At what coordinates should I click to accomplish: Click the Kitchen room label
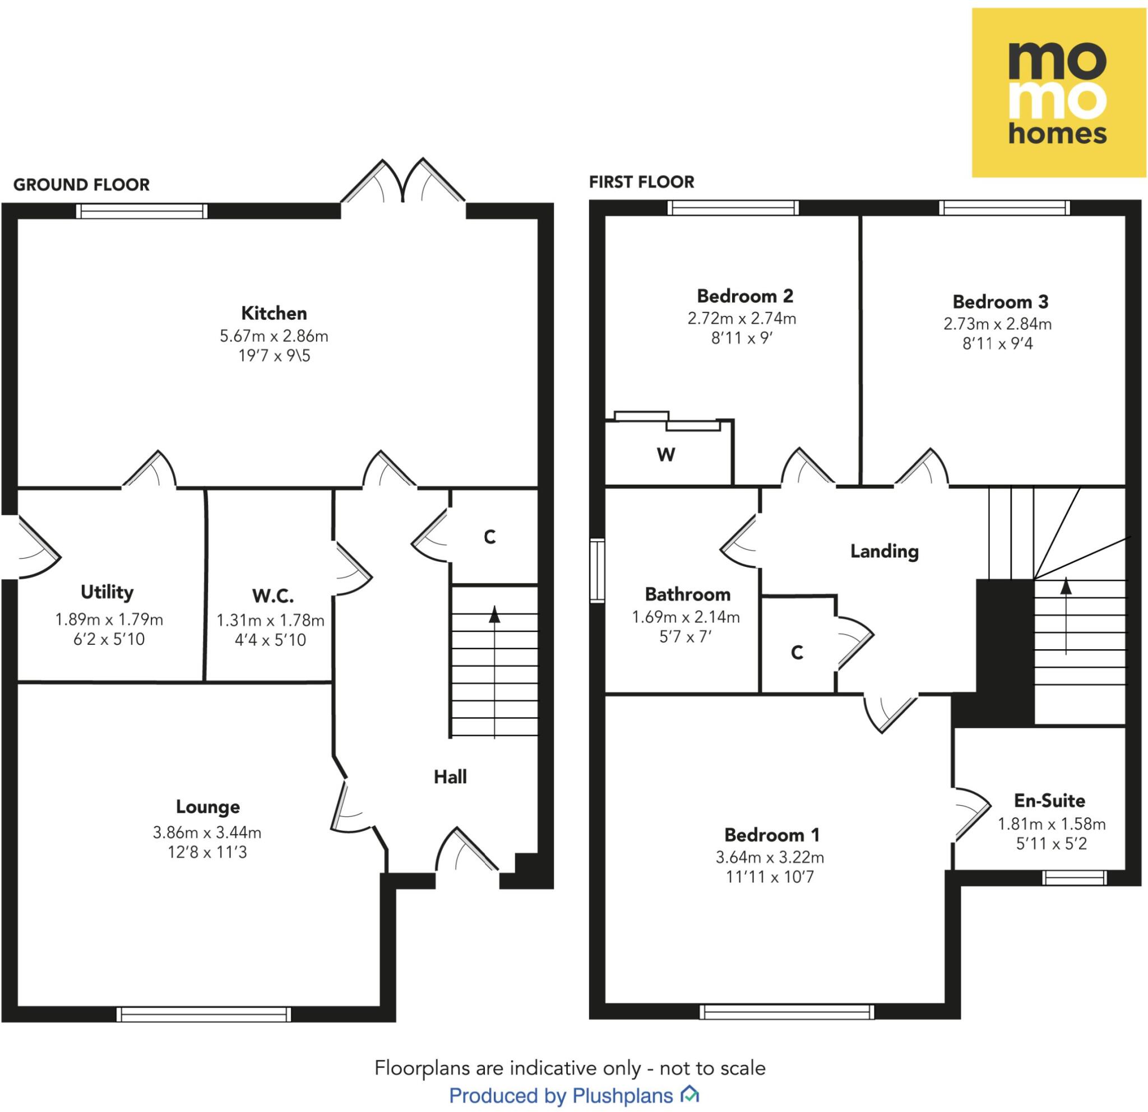click(x=274, y=313)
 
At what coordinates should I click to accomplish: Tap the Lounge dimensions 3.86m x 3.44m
click(x=207, y=832)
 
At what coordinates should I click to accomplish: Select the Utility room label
click(x=107, y=592)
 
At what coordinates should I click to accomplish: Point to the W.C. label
click(x=272, y=596)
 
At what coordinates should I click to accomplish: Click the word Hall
click(x=450, y=776)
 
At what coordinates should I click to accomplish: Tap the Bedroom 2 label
click(x=744, y=296)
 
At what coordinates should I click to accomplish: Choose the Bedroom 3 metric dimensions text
click(x=997, y=324)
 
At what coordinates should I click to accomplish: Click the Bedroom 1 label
click(x=771, y=834)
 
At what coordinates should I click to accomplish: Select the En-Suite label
click(x=1049, y=800)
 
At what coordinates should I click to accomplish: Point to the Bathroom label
click(x=687, y=594)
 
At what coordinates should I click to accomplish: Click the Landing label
click(x=884, y=551)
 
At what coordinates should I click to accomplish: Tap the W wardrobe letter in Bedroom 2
click(x=665, y=454)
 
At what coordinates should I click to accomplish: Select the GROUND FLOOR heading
click(x=81, y=185)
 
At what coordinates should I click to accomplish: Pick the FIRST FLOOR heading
click(x=641, y=182)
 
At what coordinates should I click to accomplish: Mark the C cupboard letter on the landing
click(x=797, y=653)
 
